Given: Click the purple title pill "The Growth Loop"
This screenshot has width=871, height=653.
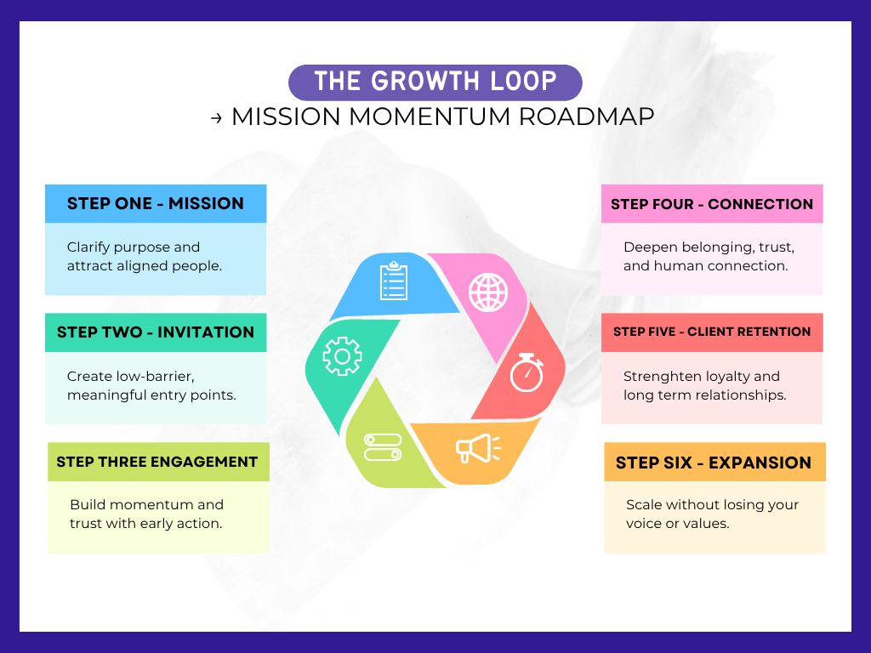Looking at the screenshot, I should pos(435,82).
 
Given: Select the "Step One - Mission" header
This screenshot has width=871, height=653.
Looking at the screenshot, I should pos(156,203).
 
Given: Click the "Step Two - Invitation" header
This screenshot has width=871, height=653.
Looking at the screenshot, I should pos(156,332).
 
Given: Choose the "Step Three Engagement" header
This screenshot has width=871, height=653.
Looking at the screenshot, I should pos(157,462).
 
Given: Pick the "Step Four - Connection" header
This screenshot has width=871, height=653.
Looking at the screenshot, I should pos(712,204).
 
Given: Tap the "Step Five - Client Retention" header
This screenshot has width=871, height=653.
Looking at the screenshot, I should pos(712,332).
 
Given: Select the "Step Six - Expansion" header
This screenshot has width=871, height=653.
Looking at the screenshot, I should pos(714,463).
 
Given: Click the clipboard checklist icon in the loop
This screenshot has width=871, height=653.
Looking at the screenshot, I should pos(394,281).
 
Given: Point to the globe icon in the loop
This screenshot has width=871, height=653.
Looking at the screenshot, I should pos(487,291).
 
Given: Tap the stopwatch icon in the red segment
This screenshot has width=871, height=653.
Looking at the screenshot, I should pos(527,373).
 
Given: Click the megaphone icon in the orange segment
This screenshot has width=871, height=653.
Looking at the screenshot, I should pos(477,448).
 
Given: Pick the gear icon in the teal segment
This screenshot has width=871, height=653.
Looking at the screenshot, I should pos(342,356).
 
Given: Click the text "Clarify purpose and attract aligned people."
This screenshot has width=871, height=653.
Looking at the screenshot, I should pos(145,256).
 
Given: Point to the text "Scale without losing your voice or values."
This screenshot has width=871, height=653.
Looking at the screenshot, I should pos(712,514).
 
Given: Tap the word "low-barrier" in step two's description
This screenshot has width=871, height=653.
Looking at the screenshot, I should pos(155,376).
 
